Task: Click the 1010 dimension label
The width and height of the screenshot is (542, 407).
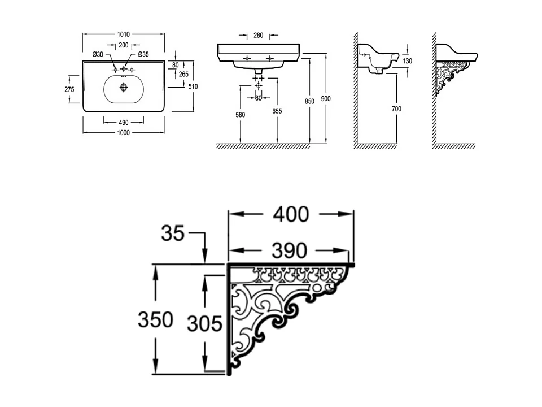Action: tap(124, 34)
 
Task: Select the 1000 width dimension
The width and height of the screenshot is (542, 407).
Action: tap(124, 132)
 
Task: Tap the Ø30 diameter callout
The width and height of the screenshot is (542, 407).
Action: tap(98, 54)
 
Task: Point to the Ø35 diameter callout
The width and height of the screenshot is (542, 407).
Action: tap(142, 54)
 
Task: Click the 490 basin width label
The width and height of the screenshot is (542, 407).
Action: tap(124, 122)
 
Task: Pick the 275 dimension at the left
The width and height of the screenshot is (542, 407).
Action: tap(69, 89)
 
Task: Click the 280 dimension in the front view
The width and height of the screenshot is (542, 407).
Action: tap(258, 36)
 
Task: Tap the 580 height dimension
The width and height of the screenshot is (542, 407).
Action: tap(241, 115)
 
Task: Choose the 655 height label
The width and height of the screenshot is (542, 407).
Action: tap(277, 111)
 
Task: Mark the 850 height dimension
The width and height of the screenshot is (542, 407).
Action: tap(309, 101)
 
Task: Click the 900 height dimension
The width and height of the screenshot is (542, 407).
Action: tap(326, 98)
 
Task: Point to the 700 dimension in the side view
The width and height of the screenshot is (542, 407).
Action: tap(397, 109)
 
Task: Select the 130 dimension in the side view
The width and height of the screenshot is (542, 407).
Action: tap(408, 61)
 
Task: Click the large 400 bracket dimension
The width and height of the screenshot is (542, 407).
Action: tap(291, 214)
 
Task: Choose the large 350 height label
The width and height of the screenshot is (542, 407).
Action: tap(155, 319)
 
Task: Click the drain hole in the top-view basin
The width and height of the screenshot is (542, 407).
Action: tap(124, 88)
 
